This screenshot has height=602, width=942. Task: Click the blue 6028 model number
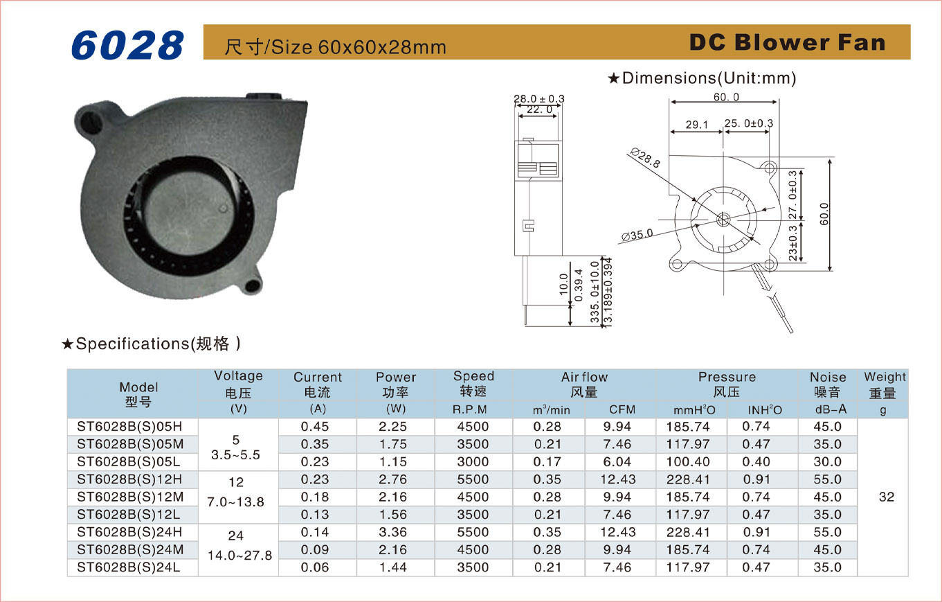tap(127, 45)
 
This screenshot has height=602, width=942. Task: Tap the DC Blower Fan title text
tap(787, 42)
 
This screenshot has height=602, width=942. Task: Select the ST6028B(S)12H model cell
tap(129, 479)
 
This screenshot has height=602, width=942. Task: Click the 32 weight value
tap(887, 497)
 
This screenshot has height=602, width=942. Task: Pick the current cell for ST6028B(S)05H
tap(314, 427)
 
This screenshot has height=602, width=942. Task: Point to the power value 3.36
tap(392, 533)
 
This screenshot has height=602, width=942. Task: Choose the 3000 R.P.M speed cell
tap(473, 462)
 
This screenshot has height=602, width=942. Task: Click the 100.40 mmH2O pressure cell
tap(688, 462)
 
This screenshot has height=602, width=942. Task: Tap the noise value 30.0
tap(828, 462)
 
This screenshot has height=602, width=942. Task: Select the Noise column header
tap(828, 384)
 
